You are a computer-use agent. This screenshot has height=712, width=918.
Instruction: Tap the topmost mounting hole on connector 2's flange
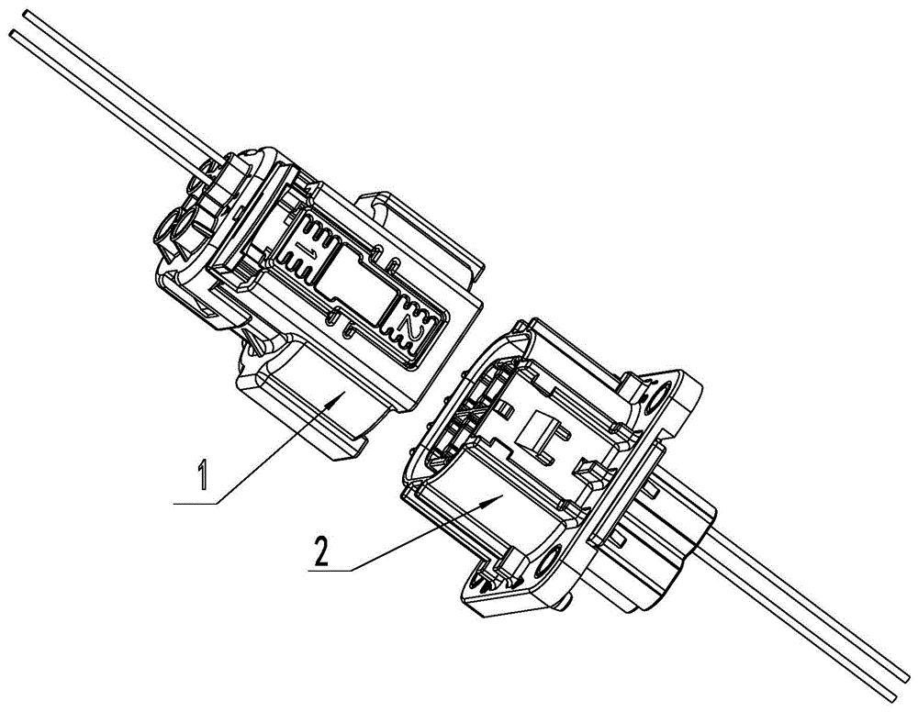657,397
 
